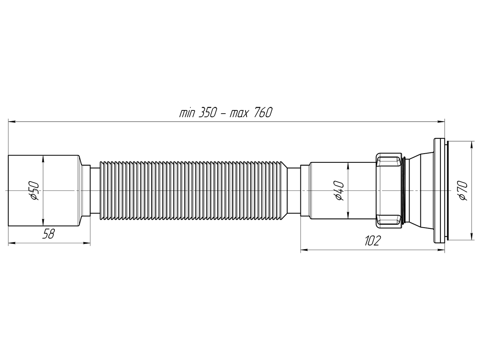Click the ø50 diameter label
(x=35, y=190)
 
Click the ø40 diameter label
(x=339, y=191)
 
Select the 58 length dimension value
(x=48, y=234)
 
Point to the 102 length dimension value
(x=372, y=241)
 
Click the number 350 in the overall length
(x=206, y=113)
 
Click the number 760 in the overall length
(x=262, y=113)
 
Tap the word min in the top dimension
(x=187, y=113)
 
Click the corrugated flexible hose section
(x=192, y=191)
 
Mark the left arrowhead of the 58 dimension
(x=10, y=243)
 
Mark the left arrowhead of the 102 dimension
(x=303, y=250)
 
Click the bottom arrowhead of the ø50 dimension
(x=42, y=225)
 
